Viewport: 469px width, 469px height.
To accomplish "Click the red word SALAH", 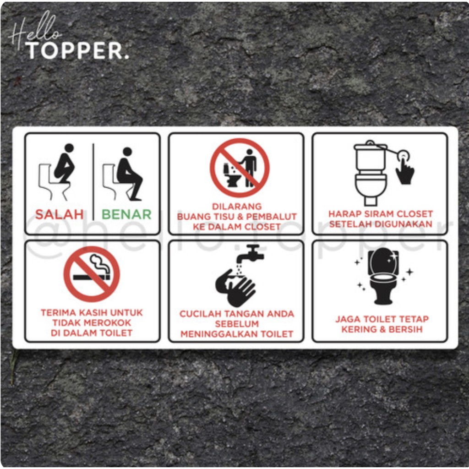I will (x=60, y=214).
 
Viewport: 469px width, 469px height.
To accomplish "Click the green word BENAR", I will (x=126, y=214).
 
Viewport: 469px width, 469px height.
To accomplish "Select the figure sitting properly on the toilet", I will (x=128, y=173).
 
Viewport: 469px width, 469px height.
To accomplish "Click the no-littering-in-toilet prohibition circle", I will (x=240, y=168).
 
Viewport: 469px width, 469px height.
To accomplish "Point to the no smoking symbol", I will (x=92, y=274).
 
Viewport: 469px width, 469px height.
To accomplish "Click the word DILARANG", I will (x=237, y=207).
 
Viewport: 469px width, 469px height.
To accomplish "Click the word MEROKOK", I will (x=109, y=323).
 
